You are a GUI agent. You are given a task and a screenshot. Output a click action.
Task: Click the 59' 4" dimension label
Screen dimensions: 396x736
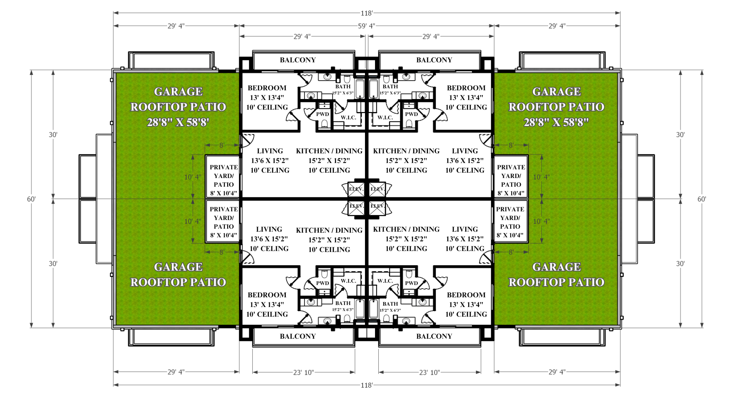366,26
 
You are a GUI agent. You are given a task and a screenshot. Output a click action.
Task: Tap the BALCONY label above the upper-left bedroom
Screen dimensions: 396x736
298,60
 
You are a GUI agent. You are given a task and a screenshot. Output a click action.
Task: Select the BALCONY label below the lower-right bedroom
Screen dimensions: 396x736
434,336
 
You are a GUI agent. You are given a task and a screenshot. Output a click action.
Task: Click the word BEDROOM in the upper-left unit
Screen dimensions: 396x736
267,88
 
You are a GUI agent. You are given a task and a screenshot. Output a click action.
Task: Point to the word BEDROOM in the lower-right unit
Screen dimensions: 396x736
466,295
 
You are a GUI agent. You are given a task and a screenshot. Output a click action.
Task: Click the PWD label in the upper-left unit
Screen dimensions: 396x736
322,114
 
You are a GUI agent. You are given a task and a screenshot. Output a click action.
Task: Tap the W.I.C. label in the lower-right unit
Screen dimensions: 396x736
385,281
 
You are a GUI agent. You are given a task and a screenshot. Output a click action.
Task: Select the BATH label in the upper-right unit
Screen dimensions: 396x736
390,87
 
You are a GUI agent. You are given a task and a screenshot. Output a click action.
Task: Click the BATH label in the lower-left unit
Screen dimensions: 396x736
343,303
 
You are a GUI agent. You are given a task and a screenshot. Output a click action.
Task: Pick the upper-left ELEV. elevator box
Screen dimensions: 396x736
356,189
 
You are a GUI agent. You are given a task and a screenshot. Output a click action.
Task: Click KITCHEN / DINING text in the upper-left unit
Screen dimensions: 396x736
329,151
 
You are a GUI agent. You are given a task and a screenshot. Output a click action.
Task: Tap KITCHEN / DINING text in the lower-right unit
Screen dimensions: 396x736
406,229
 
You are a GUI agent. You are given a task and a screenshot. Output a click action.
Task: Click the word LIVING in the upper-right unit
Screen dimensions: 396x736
465,151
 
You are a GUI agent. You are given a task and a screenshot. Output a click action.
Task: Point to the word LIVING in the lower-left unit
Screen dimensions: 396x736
269,229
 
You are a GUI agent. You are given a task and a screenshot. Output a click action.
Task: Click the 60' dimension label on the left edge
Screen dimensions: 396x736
31,199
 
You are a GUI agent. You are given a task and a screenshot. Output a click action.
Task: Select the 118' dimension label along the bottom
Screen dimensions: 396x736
366,385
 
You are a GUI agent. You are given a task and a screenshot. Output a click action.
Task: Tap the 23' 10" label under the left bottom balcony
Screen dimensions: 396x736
303,372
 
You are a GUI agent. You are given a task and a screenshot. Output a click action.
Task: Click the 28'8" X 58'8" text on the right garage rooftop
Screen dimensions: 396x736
556,122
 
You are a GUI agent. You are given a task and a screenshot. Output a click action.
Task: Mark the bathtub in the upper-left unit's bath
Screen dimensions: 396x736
360,88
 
